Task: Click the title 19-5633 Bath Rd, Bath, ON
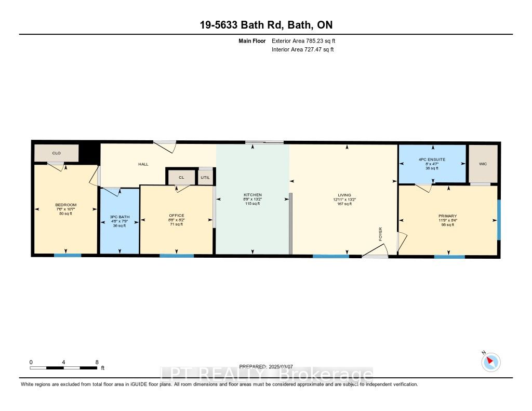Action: point(266,24)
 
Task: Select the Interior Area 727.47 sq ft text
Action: point(302,49)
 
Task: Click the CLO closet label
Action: point(56,153)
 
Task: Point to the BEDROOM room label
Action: point(65,205)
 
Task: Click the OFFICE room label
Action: point(177,215)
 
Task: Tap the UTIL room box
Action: point(206,177)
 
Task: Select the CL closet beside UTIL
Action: point(181,177)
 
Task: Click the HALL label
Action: point(143,164)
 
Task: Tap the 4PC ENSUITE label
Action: point(432,160)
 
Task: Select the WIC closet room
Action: point(483,164)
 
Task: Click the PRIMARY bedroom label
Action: point(447,216)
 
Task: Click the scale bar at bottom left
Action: point(63,367)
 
